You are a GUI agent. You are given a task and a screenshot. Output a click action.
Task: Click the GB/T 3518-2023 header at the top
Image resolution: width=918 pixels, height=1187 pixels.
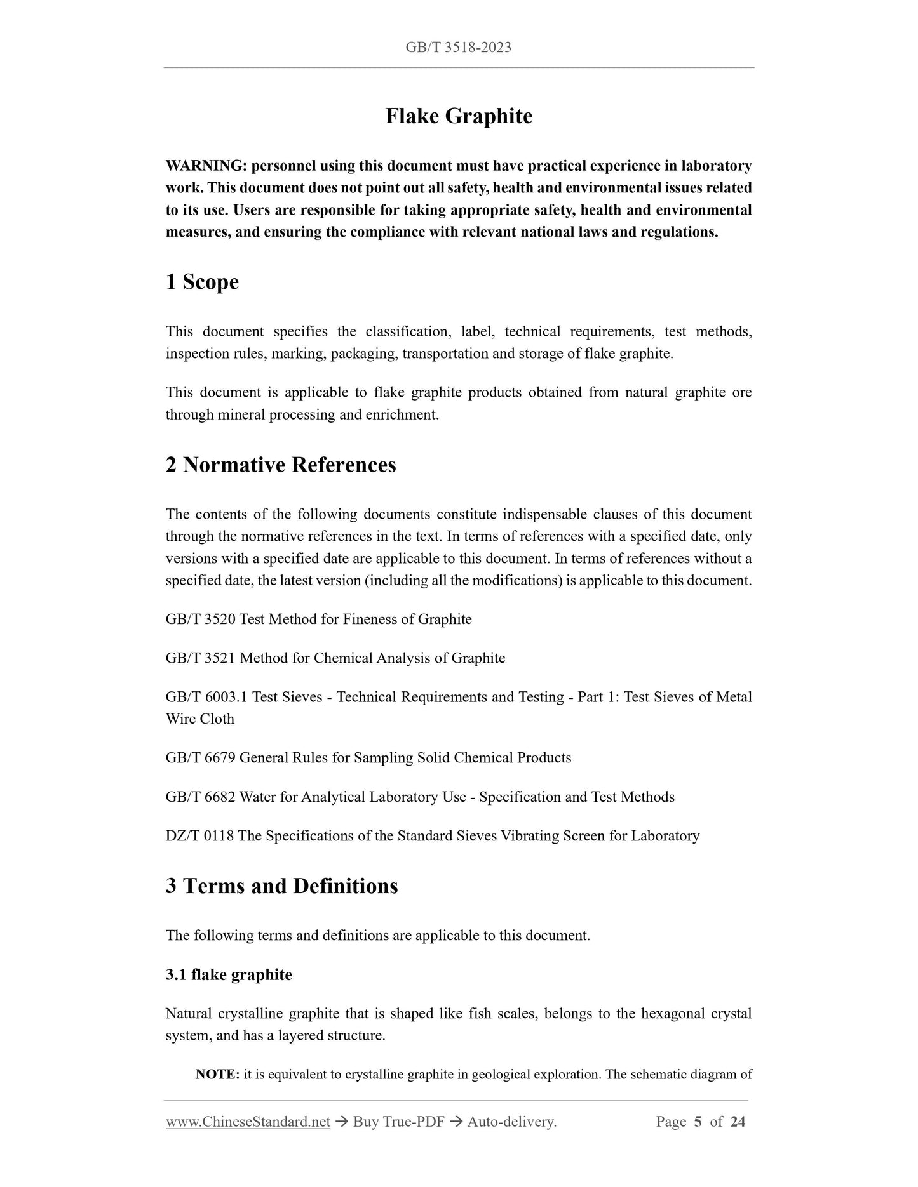tap(458, 47)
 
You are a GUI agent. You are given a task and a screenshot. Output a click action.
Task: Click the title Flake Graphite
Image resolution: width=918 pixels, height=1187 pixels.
tap(459, 116)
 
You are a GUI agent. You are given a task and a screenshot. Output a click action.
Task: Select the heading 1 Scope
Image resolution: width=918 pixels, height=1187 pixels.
tap(202, 282)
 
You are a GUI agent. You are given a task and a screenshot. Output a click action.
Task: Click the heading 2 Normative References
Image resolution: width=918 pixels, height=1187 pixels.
tap(280, 465)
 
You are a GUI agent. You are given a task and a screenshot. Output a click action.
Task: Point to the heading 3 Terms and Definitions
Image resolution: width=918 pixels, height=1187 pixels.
tap(281, 885)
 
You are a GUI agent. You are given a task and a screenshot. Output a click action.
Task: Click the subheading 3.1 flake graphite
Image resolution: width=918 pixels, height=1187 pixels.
tap(229, 974)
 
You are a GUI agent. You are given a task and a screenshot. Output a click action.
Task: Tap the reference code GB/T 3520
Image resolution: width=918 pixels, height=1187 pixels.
tap(201, 619)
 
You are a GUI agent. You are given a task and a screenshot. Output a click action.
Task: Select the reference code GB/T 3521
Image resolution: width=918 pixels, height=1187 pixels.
tap(201, 658)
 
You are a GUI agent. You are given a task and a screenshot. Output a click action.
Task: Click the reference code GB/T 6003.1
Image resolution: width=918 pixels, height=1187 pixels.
tap(207, 697)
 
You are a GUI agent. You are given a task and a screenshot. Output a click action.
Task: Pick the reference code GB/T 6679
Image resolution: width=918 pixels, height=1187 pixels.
tap(201, 757)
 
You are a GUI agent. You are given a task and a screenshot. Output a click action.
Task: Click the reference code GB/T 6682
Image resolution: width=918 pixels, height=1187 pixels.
tap(201, 797)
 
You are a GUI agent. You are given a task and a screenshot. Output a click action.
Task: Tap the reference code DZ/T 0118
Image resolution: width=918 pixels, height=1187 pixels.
tap(200, 835)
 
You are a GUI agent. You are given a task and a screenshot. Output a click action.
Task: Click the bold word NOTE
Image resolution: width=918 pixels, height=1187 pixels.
tap(217, 1075)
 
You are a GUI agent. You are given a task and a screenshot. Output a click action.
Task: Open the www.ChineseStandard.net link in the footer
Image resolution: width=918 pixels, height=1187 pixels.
tap(248, 1122)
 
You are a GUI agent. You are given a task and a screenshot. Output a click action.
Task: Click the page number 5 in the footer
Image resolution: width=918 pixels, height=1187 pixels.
tap(698, 1122)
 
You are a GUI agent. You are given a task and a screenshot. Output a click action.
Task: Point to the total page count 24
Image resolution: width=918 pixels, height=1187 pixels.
tap(738, 1122)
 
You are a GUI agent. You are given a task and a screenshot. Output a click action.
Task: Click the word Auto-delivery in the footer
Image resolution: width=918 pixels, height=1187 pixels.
tap(511, 1122)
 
